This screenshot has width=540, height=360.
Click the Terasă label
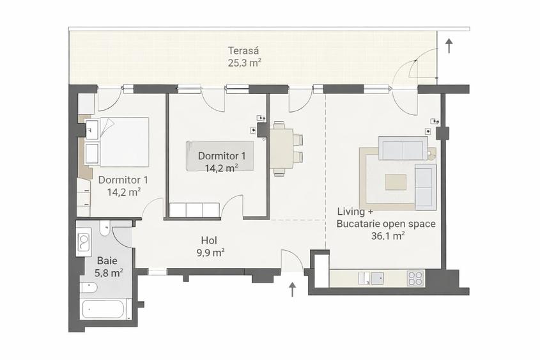(244, 51)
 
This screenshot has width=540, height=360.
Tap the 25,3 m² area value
(244, 63)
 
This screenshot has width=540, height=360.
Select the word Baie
(107, 261)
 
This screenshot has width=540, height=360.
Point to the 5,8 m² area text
(109, 272)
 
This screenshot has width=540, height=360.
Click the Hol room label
(209, 240)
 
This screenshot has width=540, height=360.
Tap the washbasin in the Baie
(84, 241)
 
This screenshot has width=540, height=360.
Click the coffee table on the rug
(396, 182)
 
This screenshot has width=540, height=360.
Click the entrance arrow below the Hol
(293, 290)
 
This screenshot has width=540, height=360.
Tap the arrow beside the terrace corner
(449, 45)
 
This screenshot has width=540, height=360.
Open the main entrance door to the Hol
(292, 262)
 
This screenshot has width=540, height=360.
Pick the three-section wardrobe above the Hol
(194, 210)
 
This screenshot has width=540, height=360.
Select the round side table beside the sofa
(431, 153)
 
